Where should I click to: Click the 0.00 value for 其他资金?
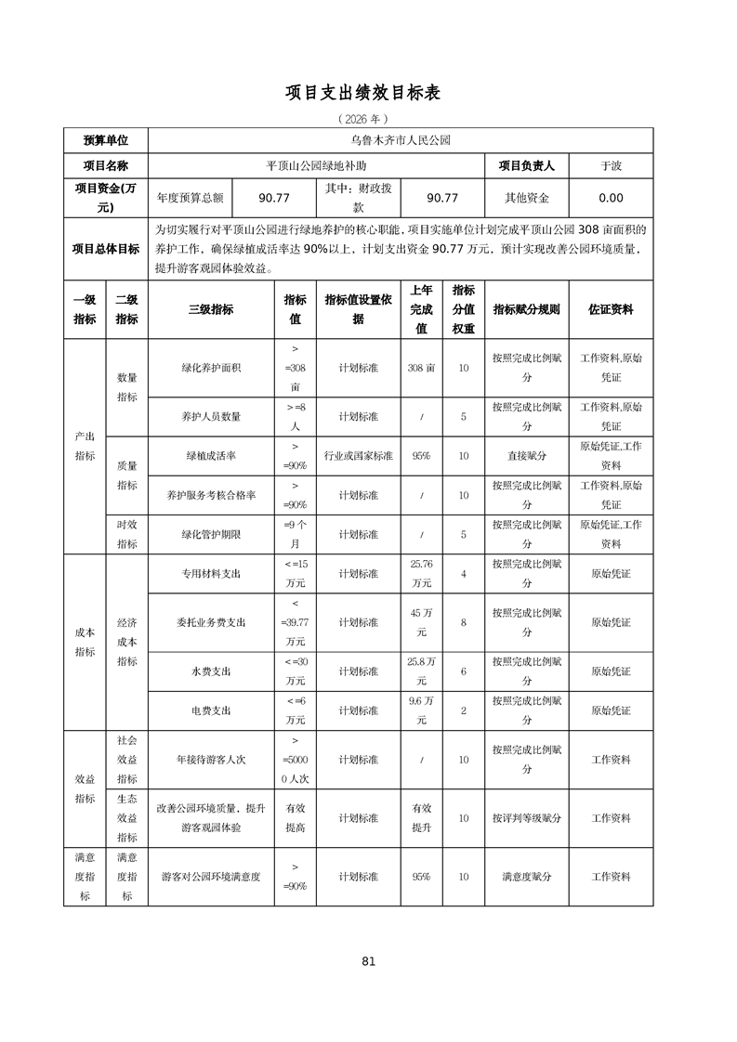611,198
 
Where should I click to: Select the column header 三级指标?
211,309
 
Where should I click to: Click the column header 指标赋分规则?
526,309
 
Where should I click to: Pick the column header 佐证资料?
611,309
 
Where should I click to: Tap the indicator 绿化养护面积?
211,368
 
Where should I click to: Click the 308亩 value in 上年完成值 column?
421,368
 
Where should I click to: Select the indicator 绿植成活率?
211,456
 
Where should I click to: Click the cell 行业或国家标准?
358,456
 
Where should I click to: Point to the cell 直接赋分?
526,456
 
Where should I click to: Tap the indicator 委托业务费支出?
211,622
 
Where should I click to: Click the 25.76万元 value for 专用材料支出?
421,574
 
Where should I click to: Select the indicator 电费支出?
211,710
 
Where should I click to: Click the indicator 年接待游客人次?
211,760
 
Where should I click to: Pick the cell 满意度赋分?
526,876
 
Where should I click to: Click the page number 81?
368,961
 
